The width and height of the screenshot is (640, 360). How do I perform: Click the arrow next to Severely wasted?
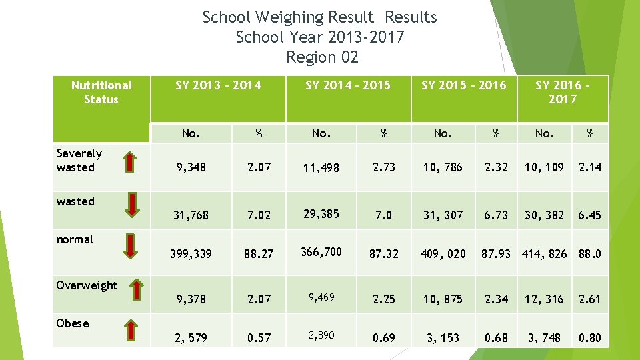click(131, 161)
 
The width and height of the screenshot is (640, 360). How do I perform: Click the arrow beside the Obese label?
click(131, 329)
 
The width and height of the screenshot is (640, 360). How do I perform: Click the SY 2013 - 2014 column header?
click(218, 85)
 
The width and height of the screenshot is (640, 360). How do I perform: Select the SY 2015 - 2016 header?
click(463, 85)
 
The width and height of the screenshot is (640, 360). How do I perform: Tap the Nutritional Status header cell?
click(101, 92)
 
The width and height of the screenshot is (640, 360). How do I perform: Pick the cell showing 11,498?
click(321, 168)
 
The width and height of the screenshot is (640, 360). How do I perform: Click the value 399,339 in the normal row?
click(191, 254)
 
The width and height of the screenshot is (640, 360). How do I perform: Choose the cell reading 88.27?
click(259, 254)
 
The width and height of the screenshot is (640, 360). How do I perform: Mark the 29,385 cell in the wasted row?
click(321, 214)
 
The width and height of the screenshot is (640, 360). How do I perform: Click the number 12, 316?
click(544, 299)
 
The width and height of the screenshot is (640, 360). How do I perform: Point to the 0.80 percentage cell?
click(590, 338)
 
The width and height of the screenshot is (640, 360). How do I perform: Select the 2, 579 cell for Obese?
click(191, 338)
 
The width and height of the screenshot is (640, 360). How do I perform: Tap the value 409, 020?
click(443, 254)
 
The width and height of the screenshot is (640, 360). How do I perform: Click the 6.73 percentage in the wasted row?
click(496, 215)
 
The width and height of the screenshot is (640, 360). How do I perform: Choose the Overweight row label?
click(87, 285)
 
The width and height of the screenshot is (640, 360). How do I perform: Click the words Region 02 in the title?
click(321, 57)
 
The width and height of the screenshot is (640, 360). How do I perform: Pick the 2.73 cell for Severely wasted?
click(383, 167)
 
